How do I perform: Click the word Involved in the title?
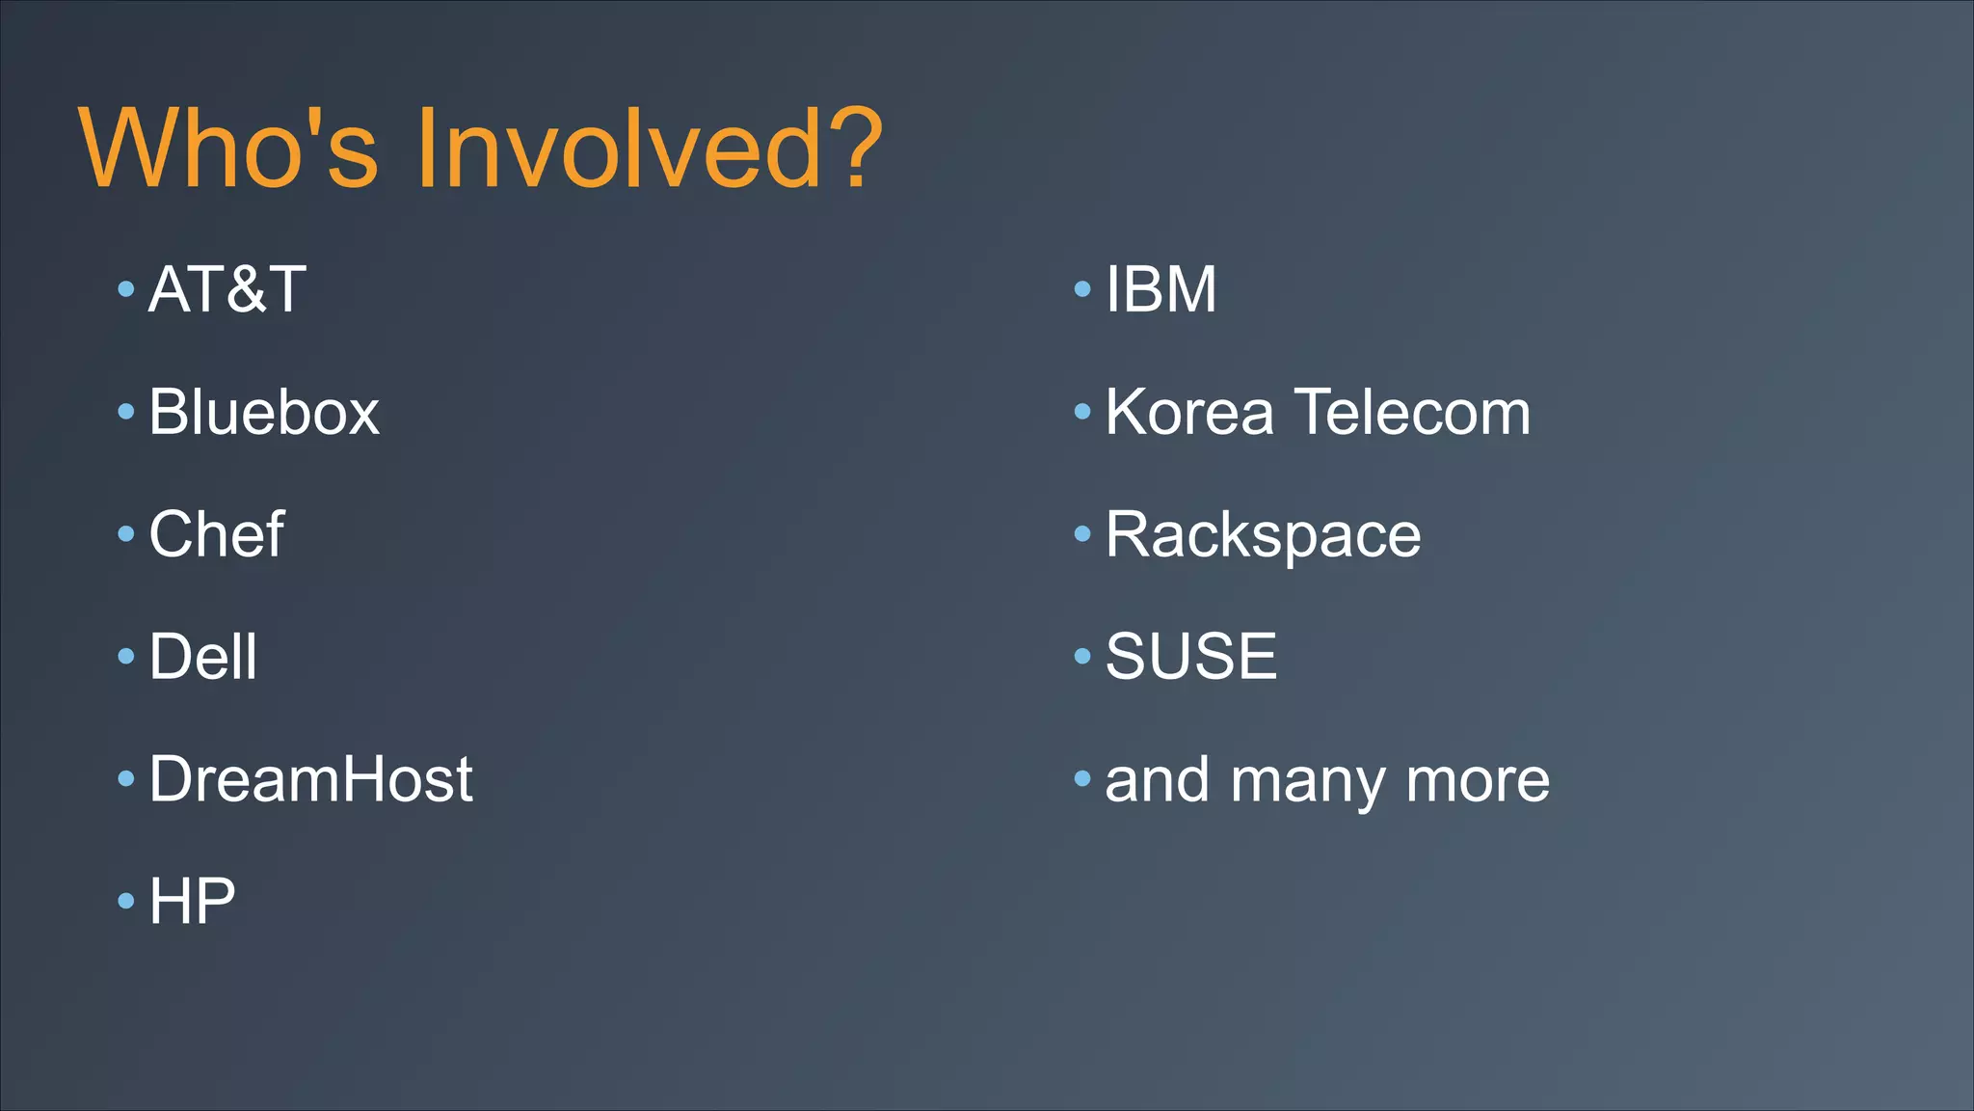tap(618, 149)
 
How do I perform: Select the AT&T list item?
tap(227, 289)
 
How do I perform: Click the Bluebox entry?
tap(264, 412)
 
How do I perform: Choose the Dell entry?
tap(203, 657)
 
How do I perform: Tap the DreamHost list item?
tap(310, 778)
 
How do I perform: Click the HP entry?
tap(192, 901)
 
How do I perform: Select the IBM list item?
tap(1160, 289)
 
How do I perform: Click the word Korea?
tap(1189, 412)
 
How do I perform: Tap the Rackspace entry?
tap(1263, 535)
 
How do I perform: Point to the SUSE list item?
tap(1191, 657)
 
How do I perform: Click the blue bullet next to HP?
tap(126, 902)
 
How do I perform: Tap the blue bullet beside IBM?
tap(1082, 289)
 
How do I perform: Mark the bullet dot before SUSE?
tap(1082, 657)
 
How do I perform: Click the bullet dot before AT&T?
tap(126, 289)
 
